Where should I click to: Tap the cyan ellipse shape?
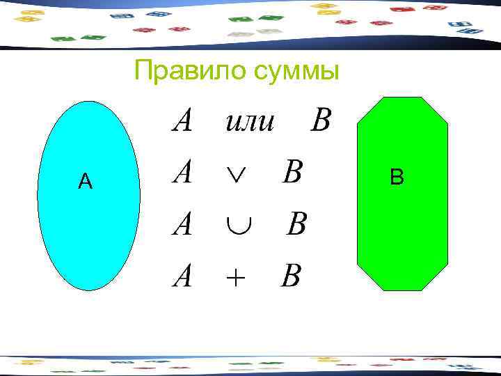tap(88, 230)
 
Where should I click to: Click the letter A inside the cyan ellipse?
tap(85, 182)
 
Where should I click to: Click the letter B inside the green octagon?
tap(397, 178)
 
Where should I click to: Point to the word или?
tap(250, 122)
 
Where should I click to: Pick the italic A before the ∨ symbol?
tap(182, 172)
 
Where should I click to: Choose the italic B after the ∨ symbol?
tap(292, 172)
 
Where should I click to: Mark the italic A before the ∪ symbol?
tap(182, 224)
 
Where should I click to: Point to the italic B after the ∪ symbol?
tap(296, 224)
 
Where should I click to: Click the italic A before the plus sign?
tap(182, 276)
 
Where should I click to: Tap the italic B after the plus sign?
tap(291, 276)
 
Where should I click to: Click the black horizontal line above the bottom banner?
tap(250, 356)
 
